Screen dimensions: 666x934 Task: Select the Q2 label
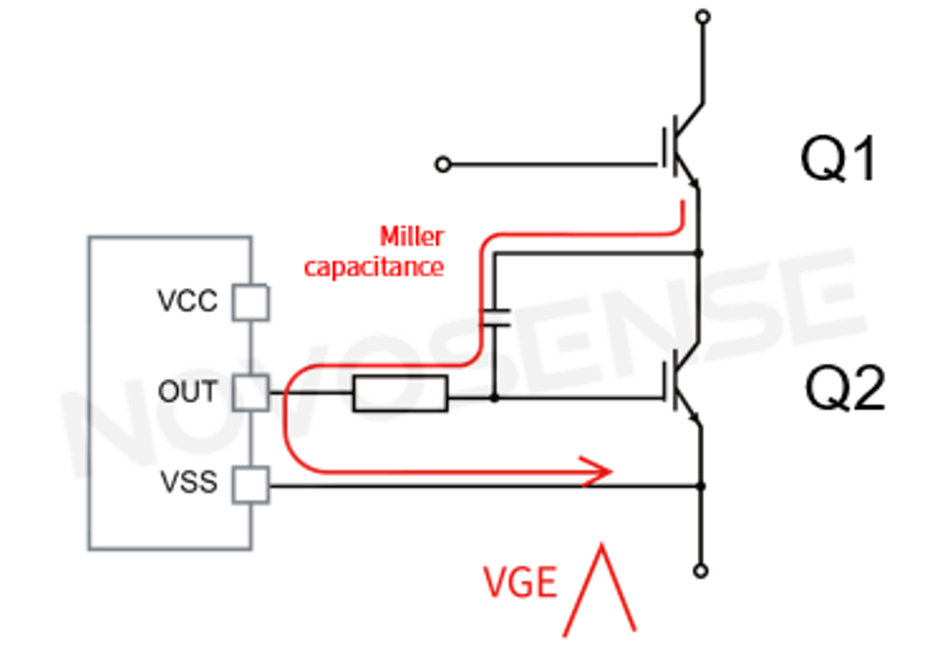coord(844,390)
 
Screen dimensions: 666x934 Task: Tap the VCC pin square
coord(252,303)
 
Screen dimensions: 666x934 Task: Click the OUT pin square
coord(252,392)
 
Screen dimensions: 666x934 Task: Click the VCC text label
coord(188,303)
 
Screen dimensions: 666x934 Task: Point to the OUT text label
coord(188,392)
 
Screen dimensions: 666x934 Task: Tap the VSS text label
coord(188,484)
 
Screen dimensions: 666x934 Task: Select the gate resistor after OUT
coord(399,394)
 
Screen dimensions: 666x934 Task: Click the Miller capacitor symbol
coord(495,319)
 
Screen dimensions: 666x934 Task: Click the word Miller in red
coord(411,236)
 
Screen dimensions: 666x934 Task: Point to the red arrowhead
coord(599,471)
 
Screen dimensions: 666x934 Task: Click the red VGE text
coord(519,582)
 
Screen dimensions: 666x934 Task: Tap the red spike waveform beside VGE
coord(600,589)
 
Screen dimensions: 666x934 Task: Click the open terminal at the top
coord(703,16)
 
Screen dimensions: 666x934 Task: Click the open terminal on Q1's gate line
coord(442,165)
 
